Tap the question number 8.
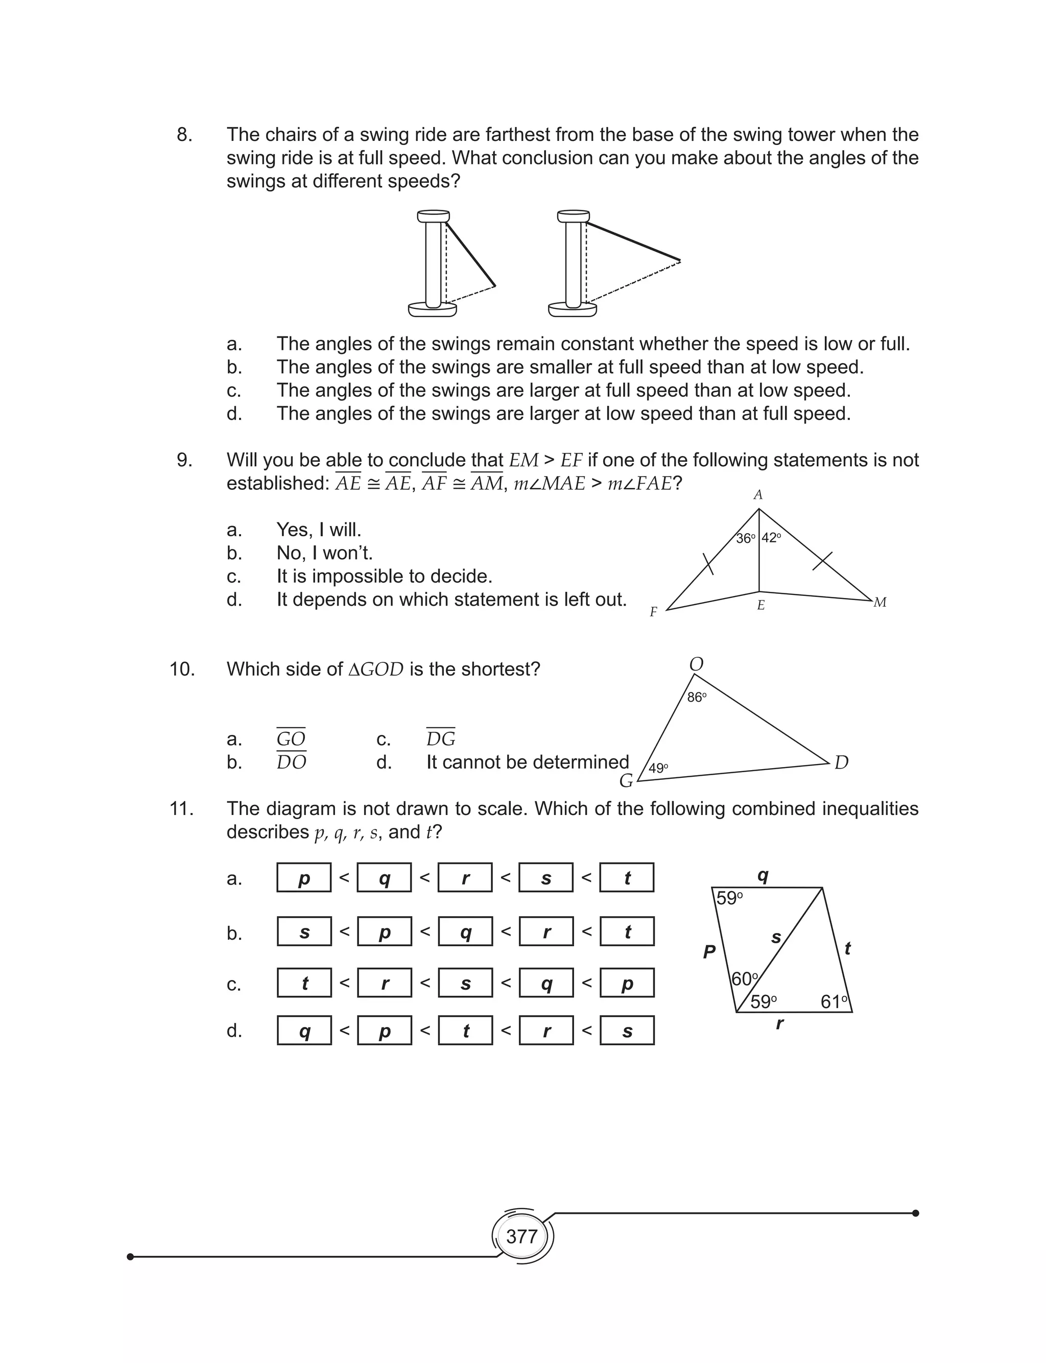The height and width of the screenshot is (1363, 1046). click(184, 134)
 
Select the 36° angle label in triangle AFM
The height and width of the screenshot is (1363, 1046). click(745, 538)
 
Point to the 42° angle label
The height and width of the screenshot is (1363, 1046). click(771, 538)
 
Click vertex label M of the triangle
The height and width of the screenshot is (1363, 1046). click(880, 603)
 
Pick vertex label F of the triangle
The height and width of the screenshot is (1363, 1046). click(653, 612)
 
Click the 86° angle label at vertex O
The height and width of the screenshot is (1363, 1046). click(697, 698)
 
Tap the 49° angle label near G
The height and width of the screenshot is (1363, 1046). click(658, 768)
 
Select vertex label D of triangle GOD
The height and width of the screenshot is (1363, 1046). click(841, 762)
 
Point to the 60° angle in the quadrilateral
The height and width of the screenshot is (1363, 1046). click(745, 979)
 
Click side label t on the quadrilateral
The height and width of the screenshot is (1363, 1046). click(847, 948)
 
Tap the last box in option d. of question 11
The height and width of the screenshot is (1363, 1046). click(627, 1031)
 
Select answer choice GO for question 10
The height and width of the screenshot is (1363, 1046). click(291, 739)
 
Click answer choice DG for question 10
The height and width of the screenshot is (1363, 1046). click(441, 739)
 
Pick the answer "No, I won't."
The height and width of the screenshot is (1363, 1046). click(324, 553)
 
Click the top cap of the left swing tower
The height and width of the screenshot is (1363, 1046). click(433, 216)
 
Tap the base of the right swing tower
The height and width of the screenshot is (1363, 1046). click(572, 309)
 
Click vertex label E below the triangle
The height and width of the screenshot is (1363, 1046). click(761, 606)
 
